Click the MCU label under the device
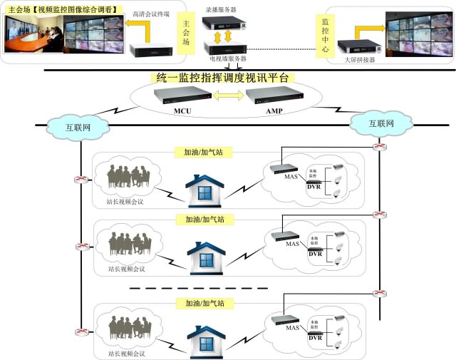point(182,112)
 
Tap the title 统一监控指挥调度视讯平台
point(224,77)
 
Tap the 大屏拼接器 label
point(359,60)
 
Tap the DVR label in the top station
point(314,187)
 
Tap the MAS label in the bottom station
point(292,327)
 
